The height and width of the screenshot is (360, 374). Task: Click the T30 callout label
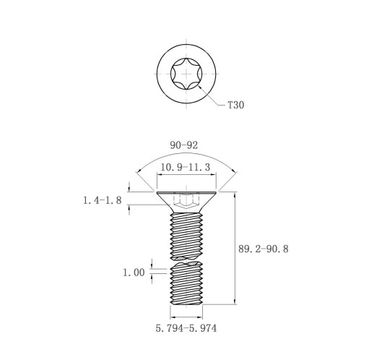point(235,105)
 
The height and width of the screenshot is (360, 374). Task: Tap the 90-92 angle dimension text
point(184,145)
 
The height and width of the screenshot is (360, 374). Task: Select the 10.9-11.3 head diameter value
point(186,167)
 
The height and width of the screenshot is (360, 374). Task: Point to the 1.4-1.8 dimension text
point(103,200)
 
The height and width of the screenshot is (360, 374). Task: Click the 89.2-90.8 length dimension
point(264,249)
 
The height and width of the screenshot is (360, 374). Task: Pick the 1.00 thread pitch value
point(134,273)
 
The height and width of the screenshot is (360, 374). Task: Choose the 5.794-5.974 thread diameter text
point(186,328)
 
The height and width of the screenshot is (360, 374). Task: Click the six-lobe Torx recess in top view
point(186,74)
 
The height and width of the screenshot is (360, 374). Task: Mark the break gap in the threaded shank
point(186,260)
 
